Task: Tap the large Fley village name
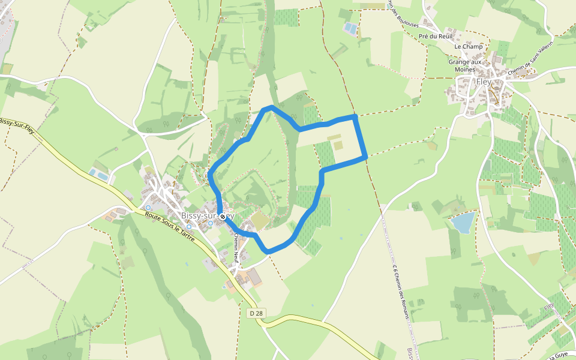pyautogui.click(x=484, y=82)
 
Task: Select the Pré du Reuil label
pyautogui.click(x=435, y=37)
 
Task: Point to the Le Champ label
pyautogui.click(x=469, y=47)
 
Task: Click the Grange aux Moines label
pyautogui.click(x=465, y=65)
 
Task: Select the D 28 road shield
pyautogui.click(x=256, y=313)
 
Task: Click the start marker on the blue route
pyautogui.click(x=223, y=216)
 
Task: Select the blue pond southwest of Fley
pyautogui.click(x=463, y=222)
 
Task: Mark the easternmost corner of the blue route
pyautogui.click(x=365, y=157)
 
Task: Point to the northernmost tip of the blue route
pyautogui.click(x=271, y=107)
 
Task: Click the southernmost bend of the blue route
pyautogui.click(x=268, y=250)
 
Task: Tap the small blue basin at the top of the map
pyautogui.click(x=349, y=28)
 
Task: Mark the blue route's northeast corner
pyautogui.click(x=355, y=115)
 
